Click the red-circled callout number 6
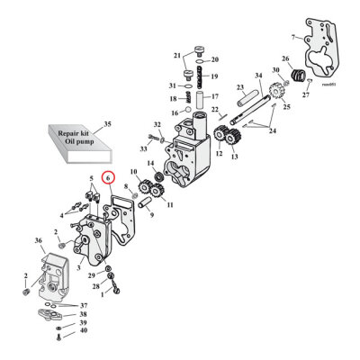pyautogui.click(x=108, y=178)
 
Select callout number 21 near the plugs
pyautogui.click(x=177, y=55)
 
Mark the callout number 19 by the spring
pyautogui.click(x=213, y=77)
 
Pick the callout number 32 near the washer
pyautogui.click(x=157, y=124)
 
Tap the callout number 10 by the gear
pyautogui.click(x=133, y=172)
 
